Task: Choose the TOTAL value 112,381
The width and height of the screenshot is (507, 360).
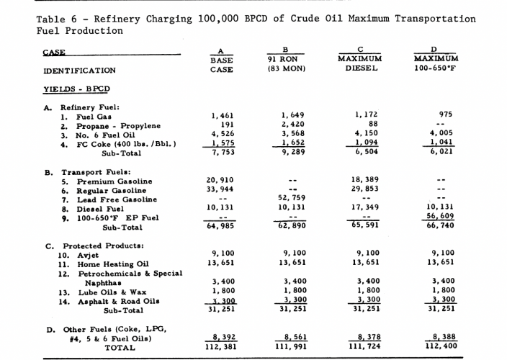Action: [219, 346]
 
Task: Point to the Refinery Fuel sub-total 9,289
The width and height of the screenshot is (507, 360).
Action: [294, 153]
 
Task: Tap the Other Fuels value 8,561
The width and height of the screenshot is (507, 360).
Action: [294, 336]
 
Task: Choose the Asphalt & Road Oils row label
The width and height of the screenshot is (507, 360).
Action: [108, 302]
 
